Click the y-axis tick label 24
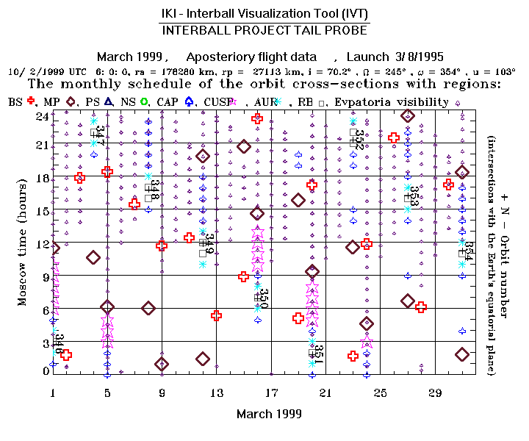(x=42, y=116)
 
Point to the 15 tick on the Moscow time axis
(x=42, y=211)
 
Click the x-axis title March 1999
(x=269, y=414)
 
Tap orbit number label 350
(x=264, y=298)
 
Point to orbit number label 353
(x=414, y=196)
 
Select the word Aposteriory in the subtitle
(x=220, y=57)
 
